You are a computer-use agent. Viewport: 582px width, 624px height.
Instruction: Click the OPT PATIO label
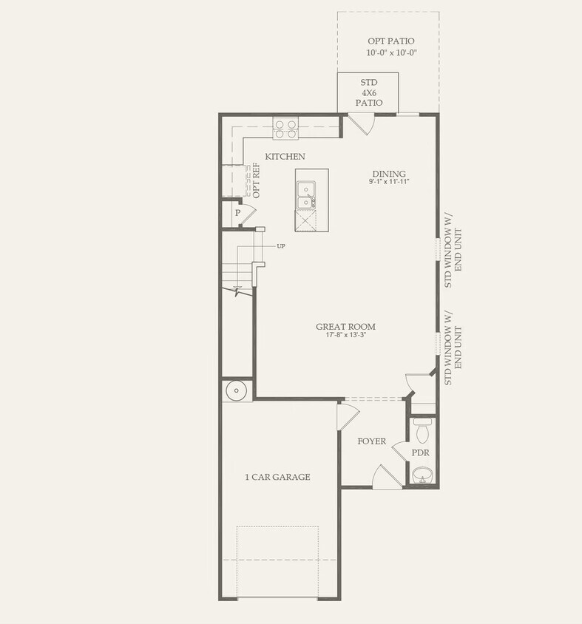click(391, 41)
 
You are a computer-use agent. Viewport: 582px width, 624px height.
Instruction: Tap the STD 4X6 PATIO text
click(368, 92)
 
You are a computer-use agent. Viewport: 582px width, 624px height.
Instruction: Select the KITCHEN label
click(285, 157)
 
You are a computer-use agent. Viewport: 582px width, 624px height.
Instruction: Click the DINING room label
click(389, 174)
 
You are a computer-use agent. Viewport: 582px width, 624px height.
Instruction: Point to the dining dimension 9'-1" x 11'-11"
click(389, 182)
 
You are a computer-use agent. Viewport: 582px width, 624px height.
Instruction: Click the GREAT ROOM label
click(345, 326)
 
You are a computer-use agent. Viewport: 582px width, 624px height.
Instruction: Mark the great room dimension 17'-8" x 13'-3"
click(345, 335)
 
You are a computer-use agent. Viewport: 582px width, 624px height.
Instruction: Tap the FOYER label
click(371, 441)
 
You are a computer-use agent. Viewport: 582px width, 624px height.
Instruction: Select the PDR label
click(421, 452)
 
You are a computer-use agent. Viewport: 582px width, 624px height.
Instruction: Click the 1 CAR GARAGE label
click(277, 477)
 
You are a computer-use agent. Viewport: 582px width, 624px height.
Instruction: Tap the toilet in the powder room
click(423, 430)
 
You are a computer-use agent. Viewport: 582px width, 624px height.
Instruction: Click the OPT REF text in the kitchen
click(257, 180)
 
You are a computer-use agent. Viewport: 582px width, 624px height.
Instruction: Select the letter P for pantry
click(237, 213)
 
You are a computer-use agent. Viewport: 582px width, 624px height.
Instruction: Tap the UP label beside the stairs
click(281, 245)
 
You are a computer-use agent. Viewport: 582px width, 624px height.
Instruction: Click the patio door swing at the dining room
click(361, 124)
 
